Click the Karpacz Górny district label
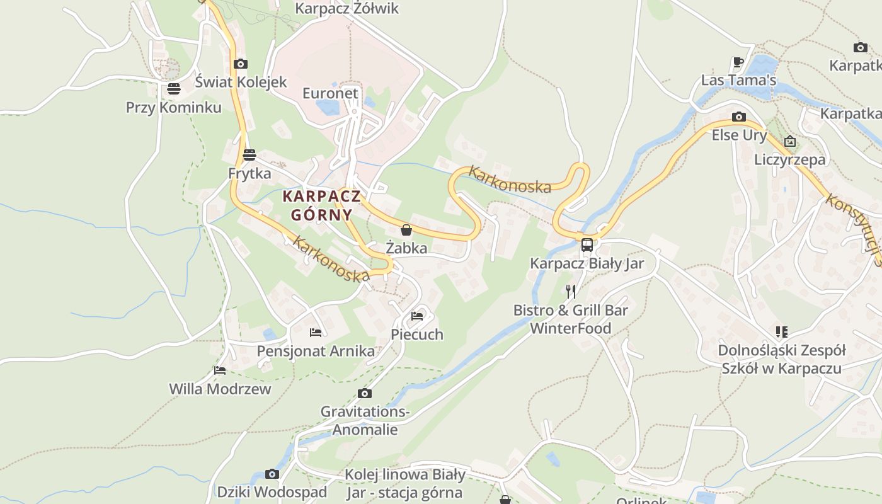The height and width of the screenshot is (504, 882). pos(321,205)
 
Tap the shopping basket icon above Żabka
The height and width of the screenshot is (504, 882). pos(406,230)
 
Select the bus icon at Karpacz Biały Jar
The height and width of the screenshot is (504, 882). pos(587,245)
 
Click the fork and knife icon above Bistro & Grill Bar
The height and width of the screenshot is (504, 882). pos(571,291)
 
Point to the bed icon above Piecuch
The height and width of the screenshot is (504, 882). pos(417,316)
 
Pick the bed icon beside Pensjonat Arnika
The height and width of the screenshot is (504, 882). pos(316,333)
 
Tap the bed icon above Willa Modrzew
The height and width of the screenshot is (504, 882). pos(220,370)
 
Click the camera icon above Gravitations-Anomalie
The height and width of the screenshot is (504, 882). pos(364,394)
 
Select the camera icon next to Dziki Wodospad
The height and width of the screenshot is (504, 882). pos(272,474)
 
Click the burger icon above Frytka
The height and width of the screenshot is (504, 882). pos(249,155)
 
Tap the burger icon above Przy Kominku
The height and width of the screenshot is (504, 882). pos(174,89)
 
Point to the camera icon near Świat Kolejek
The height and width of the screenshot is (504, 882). pos(240,64)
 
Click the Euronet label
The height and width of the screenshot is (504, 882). pos(330,93)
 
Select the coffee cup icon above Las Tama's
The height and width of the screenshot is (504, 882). pos(738,62)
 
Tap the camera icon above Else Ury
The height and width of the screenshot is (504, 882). pos(739,117)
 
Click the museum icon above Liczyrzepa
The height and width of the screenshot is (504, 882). pos(790,141)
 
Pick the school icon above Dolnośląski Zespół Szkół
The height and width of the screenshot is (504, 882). pos(782,331)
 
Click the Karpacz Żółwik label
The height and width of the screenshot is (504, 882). pos(347,9)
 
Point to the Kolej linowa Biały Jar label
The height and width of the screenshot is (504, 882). pos(404,483)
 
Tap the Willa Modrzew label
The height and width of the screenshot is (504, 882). pos(220,389)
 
